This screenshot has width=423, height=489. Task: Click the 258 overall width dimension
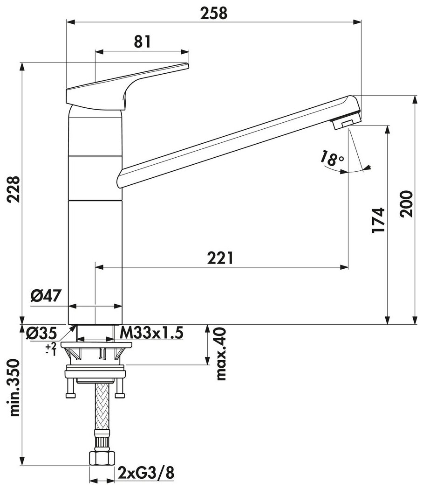(214, 14)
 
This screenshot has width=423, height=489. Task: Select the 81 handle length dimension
(142, 42)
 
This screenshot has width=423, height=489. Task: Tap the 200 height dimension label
(406, 204)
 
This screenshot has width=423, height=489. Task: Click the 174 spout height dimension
(378, 220)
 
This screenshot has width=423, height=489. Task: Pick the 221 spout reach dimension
(220, 258)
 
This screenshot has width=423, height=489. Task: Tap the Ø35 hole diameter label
(42, 333)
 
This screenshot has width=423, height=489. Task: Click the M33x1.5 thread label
(151, 332)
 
